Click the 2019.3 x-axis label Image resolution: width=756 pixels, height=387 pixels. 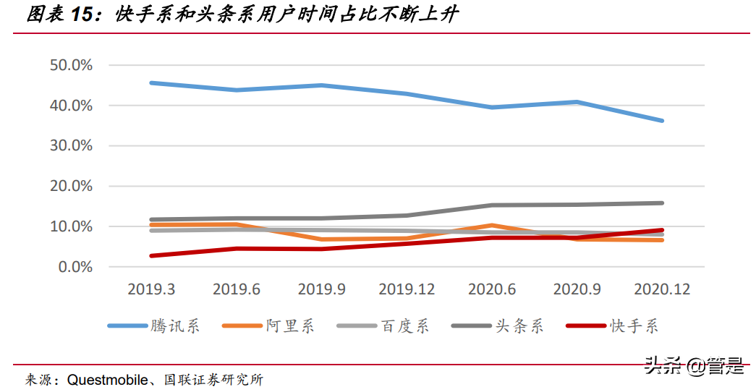(x=151, y=289)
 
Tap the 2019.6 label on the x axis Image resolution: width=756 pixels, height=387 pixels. (x=237, y=289)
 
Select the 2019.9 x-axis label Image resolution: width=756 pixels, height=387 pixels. (x=322, y=289)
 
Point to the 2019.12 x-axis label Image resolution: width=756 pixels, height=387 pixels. (x=407, y=289)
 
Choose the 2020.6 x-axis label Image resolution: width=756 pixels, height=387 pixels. (x=493, y=289)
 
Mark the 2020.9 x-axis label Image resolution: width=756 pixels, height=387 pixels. (x=577, y=289)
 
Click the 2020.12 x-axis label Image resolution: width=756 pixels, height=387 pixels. (x=662, y=289)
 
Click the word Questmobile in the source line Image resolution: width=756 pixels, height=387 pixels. (x=109, y=379)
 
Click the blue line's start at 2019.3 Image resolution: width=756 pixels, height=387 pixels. (x=151, y=83)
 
